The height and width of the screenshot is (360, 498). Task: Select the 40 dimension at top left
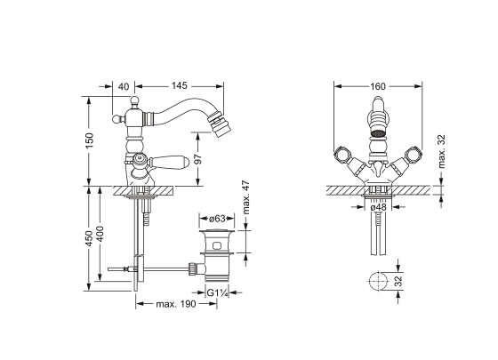point(124,86)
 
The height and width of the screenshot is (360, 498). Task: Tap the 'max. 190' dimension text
point(176,306)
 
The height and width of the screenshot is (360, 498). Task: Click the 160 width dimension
point(378,86)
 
